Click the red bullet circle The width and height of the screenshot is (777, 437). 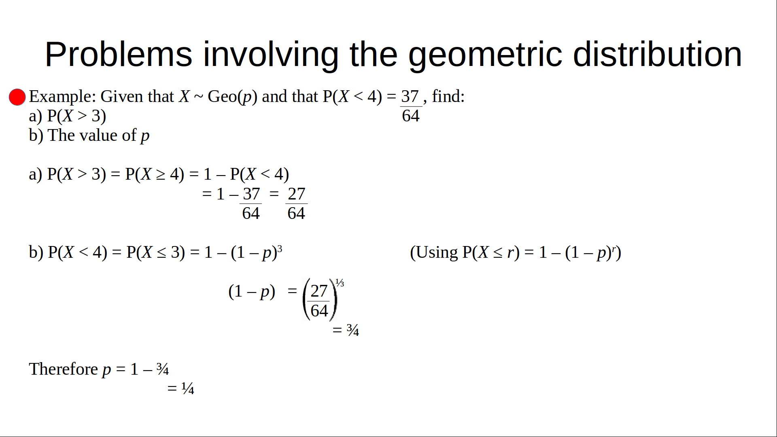point(17,97)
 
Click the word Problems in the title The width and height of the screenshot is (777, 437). point(119,54)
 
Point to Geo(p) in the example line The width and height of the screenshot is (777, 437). point(232,97)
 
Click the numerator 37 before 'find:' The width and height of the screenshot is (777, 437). point(410,97)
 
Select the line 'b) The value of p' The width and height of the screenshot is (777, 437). point(89,136)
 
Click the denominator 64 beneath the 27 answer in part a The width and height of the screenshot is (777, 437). point(296,214)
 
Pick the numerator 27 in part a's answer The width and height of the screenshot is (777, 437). point(296,194)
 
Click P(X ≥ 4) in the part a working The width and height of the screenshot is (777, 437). point(155,174)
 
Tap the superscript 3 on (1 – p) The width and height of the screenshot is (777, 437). point(280,248)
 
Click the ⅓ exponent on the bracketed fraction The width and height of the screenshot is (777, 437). point(340,283)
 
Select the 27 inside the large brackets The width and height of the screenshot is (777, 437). point(319,291)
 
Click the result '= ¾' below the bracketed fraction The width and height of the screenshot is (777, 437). point(346,330)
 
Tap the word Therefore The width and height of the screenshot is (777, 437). point(64,369)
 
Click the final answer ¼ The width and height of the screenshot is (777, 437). point(188,388)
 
